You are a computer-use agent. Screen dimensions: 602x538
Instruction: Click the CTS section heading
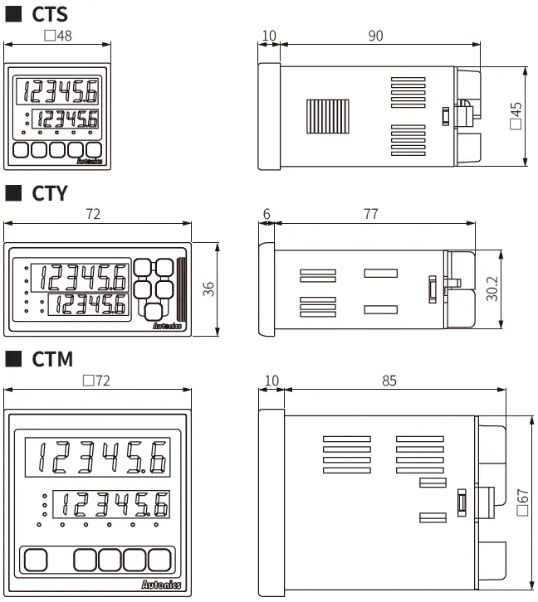tap(50, 14)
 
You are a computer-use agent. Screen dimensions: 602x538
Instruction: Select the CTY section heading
tap(50, 193)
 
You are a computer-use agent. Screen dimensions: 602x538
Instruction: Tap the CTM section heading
tap(52, 359)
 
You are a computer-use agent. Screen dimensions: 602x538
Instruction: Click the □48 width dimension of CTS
tap(57, 36)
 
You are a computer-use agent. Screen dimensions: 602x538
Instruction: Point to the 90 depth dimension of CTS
tap(375, 36)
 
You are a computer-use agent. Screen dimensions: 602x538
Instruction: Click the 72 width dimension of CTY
tap(93, 214)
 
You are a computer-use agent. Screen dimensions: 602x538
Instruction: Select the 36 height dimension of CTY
tap(209, 289)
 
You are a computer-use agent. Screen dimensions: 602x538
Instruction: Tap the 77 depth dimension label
tap(370, 214)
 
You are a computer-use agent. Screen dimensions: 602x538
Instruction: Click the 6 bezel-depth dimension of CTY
tap(267, 214)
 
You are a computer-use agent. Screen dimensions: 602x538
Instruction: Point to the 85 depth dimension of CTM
tap(389, 381)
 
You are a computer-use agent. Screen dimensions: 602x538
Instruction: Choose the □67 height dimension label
tap(522, 502)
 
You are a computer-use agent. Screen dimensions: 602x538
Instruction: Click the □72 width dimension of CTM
tap(98, 381)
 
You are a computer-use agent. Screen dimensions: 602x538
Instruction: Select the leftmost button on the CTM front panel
tap(36, 560)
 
